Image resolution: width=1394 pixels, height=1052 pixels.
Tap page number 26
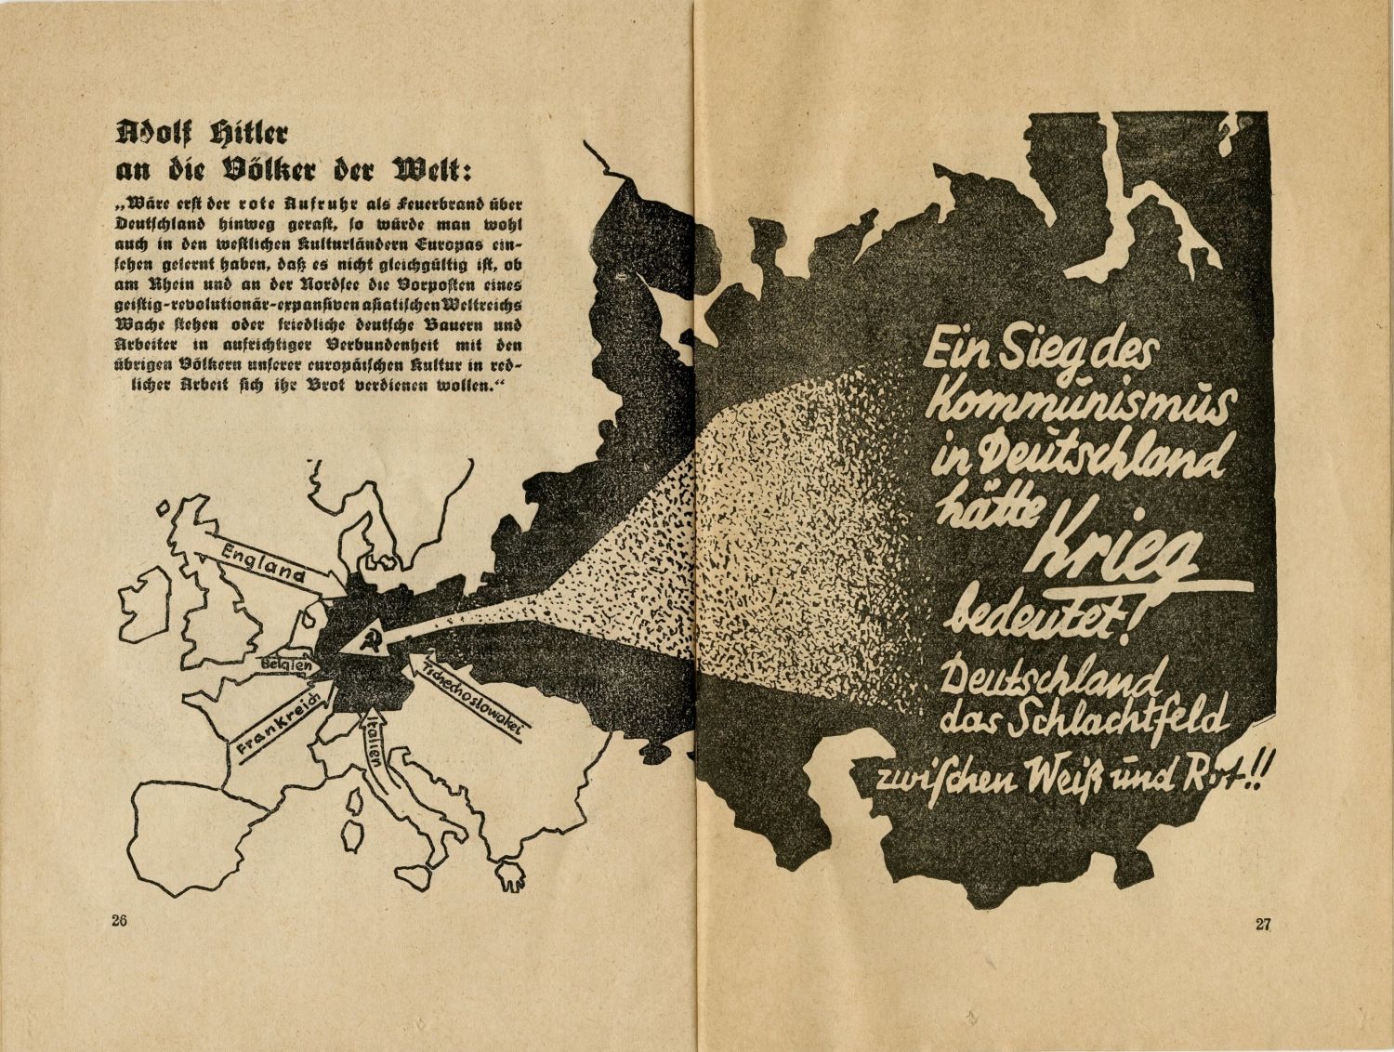coord(118,922)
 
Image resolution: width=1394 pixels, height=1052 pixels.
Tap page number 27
coord(1262,924)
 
